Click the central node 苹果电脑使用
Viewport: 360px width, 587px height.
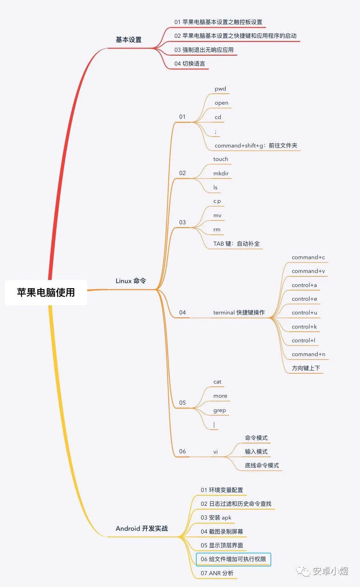(x=46, y=292)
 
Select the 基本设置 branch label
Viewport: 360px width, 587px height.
(x=129, y=40)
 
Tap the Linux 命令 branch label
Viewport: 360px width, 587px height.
(x=131, y=281)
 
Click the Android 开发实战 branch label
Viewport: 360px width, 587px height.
(x=142, y=528)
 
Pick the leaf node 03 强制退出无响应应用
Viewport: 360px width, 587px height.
(x=204, y=50)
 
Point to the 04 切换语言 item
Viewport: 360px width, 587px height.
(x=189, y=64)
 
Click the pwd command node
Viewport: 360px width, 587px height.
(x=220, y=89)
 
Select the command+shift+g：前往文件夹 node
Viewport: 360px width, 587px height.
(x=256, y=146)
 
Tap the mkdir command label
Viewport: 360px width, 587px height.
(x=221, y=173)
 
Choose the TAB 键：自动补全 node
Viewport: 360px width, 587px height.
(x=236, y=244)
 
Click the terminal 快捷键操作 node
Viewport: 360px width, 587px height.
(x=239, y=313)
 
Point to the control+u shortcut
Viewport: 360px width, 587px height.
(x=304, y=313)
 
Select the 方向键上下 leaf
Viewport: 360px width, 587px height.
(x=306, y=368)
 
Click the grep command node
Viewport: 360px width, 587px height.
(x=220, y=410)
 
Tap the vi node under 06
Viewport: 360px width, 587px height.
(x=215, y=452)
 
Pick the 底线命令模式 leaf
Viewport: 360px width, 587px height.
(x=262, y=465)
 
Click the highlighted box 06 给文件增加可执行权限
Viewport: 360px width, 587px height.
(x=233, y=559)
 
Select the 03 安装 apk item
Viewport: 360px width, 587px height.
(x=216, y=518)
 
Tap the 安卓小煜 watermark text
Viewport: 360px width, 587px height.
(x=330, y=571)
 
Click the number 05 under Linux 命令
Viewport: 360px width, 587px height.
(x=182, y=403)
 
